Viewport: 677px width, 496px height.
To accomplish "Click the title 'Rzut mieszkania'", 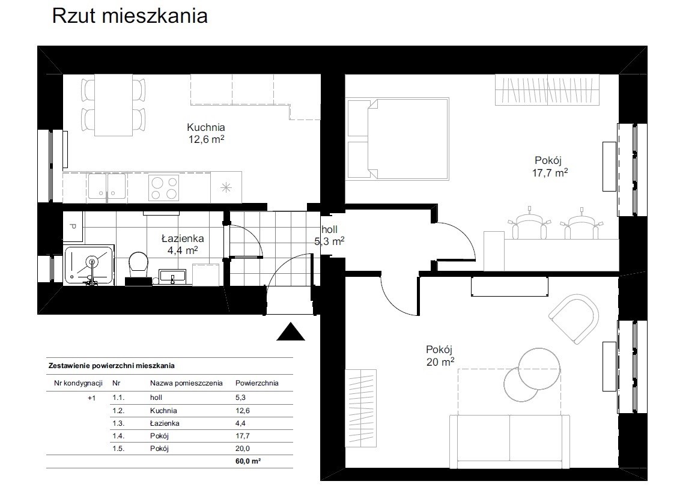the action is (130, 16).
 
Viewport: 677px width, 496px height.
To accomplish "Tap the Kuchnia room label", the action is (206, 127).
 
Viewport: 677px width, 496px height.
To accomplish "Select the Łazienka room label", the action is (183, 238).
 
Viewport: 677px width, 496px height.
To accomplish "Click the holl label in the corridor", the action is (329, 229).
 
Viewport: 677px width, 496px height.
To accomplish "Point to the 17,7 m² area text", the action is (550, 173).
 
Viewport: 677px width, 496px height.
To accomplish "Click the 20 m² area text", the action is (440, 361).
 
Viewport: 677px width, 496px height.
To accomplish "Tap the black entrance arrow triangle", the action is (291, 331).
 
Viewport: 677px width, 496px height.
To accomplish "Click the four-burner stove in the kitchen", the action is (163, 188).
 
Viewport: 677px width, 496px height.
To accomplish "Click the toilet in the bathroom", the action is (139, 264).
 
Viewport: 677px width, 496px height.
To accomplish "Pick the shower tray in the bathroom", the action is (90, 265).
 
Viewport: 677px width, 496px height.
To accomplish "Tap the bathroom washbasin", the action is (172, 276).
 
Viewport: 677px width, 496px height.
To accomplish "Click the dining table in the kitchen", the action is (114, 105).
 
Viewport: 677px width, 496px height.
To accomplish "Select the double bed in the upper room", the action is (398, 139).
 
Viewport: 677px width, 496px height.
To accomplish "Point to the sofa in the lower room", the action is (509, 441).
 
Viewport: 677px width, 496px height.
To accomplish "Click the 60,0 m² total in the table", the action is (248, 461).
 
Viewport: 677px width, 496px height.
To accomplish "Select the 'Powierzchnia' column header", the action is (257, 383).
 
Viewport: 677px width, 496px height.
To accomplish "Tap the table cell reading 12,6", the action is (243, 411).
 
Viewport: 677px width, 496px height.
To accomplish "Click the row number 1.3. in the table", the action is (118, 423).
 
